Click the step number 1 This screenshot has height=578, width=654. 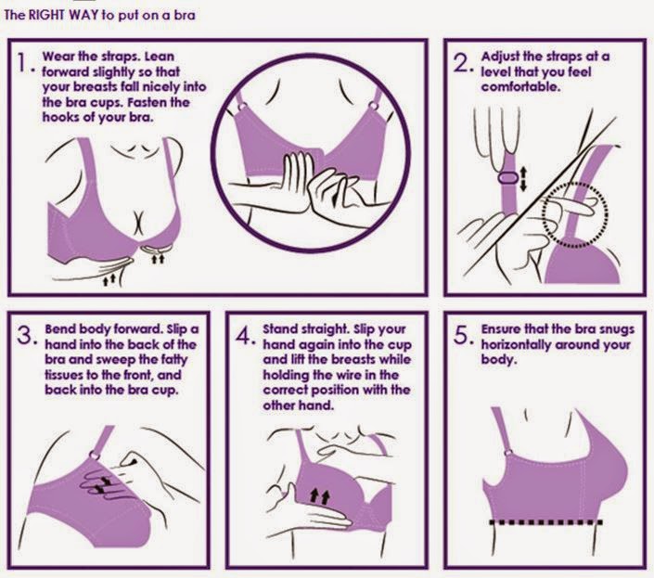[21, 62]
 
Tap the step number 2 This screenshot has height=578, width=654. [462, 62]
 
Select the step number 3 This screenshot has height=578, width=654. [25, 335]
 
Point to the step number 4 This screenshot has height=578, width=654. [244, 335]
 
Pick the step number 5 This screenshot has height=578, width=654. [462, 335]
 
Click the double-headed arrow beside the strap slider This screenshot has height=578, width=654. [523, 178]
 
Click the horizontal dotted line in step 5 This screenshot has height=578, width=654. [545, 522]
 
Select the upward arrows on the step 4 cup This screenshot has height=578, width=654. [319, 496]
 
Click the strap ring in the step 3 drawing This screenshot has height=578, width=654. [96, 455]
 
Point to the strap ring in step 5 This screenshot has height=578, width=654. [507, 453]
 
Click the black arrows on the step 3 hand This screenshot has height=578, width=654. [103, 484]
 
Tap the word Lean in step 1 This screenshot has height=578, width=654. [160, 57]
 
